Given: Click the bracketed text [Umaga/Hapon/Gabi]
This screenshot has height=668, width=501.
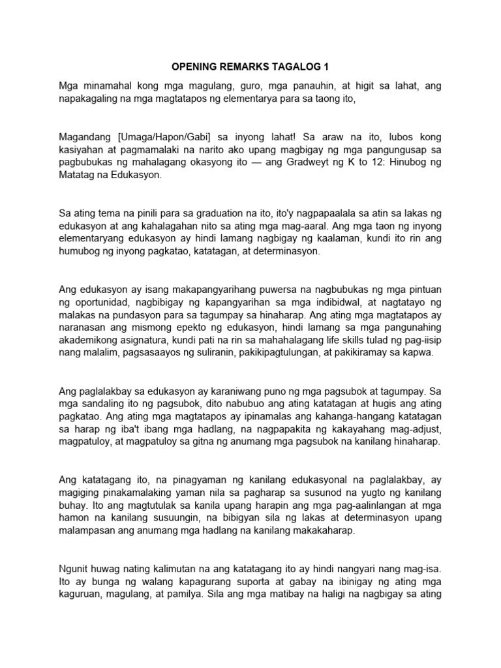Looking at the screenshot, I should click(166, 138).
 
